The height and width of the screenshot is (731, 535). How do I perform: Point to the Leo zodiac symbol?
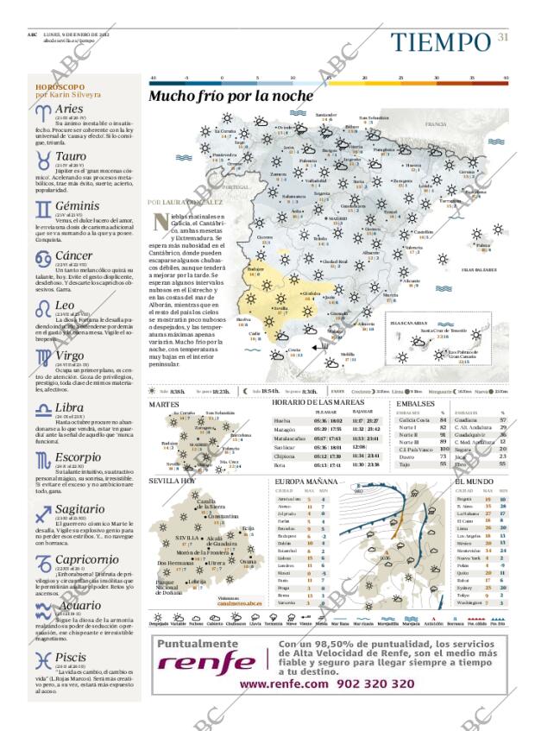[x=43, y=308]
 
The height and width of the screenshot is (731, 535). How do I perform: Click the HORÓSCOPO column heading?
[x=60, y=87]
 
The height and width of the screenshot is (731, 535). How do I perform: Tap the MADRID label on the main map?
[x=337, y=219]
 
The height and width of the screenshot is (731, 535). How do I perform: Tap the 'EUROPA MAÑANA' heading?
[x=305, y=481]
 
